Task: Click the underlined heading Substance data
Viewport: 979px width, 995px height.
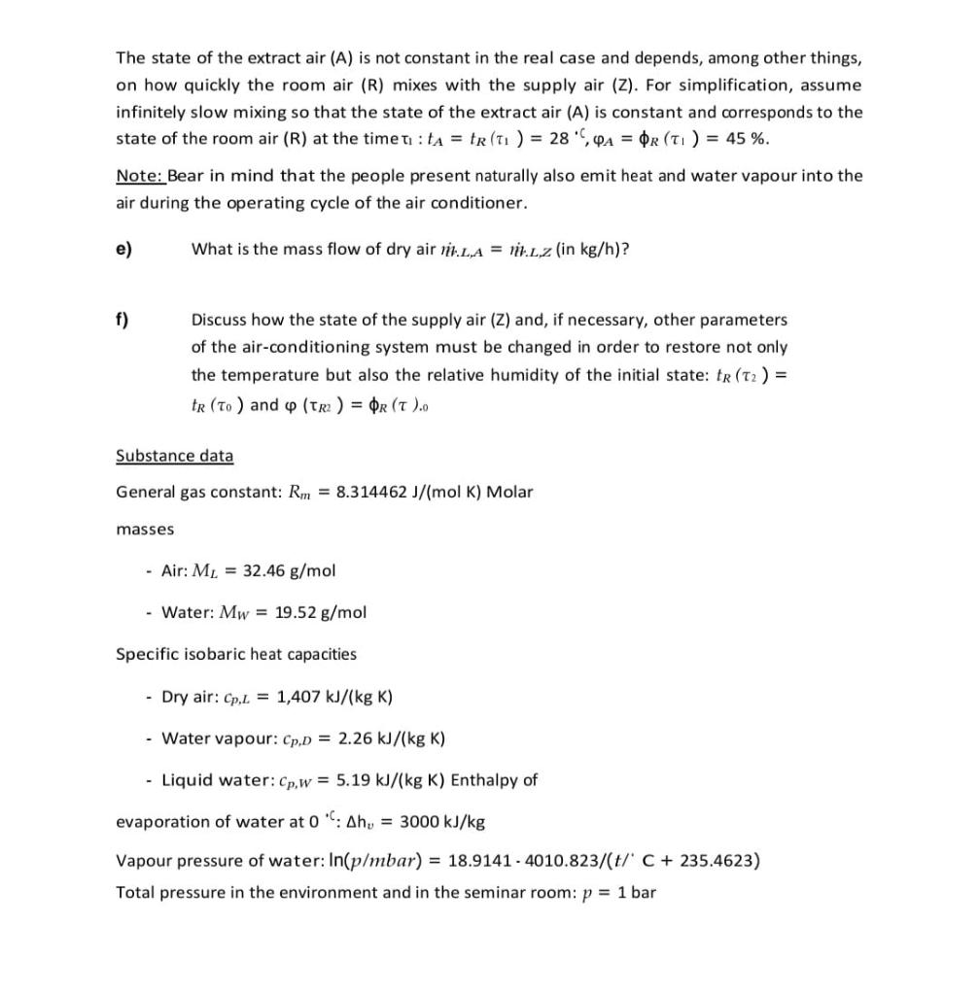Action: tap(174, 456)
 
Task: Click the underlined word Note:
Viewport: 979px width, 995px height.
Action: tap(139, 176)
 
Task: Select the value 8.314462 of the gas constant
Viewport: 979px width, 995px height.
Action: tap(370, 492)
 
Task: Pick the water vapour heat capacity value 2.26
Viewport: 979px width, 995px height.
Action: tap(353, 738)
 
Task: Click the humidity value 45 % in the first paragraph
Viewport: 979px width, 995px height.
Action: tap(748, 138)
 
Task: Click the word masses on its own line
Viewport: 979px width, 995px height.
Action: tap(145, 530)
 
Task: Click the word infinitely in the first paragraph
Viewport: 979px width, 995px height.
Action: tap(152, 112)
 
